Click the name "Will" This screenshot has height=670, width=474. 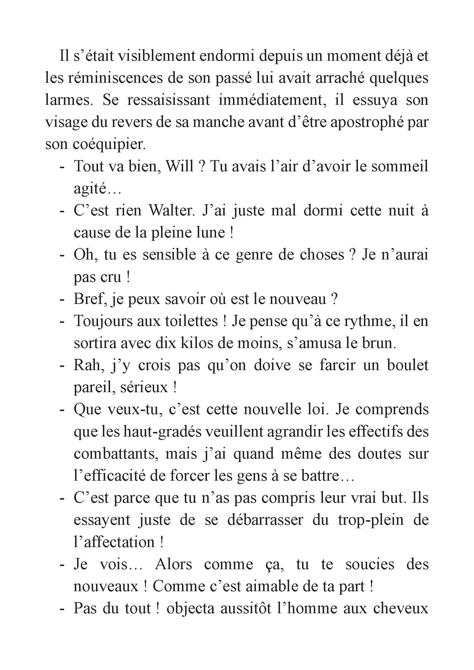click(x=179, y=166)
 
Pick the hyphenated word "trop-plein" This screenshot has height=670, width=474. click(x=371, y=520)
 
